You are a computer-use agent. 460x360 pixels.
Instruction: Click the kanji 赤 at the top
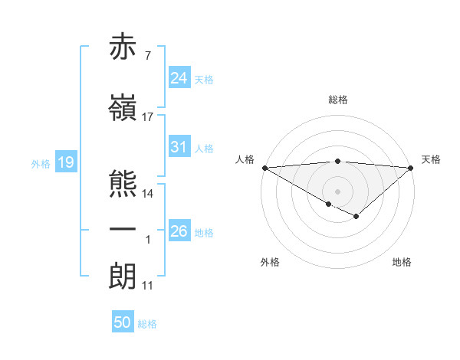[x=123, y=47]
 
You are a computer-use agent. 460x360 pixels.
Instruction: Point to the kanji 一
[x=123, y=230]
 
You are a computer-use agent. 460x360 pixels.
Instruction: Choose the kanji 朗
[x=123, y=276]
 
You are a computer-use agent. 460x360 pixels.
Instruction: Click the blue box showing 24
[x=179, y=79]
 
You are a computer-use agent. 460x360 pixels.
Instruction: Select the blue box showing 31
[x=179, y=147]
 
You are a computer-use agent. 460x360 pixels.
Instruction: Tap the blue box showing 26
[x=179, y=231]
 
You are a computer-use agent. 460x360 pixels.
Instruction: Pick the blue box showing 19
[x=65, y=162]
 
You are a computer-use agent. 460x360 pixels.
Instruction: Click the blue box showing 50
[x=123, y=323]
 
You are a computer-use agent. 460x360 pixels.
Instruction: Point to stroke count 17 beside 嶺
[x=148, y=116]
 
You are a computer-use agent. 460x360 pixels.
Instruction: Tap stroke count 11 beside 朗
[x=148, y=285]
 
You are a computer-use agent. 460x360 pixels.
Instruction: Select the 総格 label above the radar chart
[x=337, y=100]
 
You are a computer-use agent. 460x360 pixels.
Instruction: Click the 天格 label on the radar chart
[x=431, y=159]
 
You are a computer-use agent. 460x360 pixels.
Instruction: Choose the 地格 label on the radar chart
[x=402, y=263]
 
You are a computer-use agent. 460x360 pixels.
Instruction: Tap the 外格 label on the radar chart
[x=270, y=263]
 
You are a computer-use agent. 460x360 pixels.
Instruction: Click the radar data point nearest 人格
[x=264, y=168]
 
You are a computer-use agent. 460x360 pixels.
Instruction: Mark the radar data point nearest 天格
[x=411, y=168]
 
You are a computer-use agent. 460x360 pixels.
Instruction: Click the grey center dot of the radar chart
[x=337, y=191]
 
